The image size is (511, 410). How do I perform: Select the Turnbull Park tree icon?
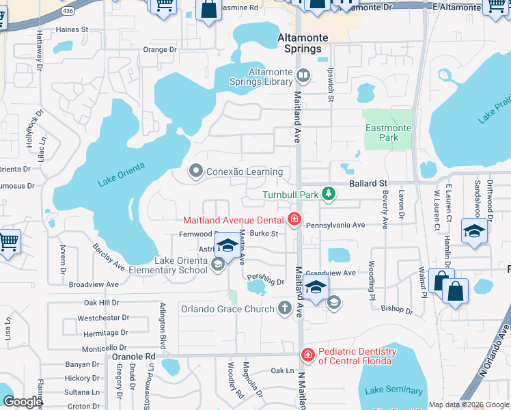click(329, 195)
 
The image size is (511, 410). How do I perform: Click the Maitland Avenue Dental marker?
click(294, 219)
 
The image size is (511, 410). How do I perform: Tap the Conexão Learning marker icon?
click(196, 172)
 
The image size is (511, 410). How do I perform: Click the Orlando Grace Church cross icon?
click(285, 308)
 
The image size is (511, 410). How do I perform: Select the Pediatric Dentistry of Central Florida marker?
click(307, 355)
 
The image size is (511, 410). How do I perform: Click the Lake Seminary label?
click(393, 390)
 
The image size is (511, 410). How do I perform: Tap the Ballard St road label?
click(368, 184)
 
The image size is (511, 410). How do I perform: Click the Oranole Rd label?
click(134, 356)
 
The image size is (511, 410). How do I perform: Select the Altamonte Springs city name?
click(301, 43)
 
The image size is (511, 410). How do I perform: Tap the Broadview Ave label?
click(94, 284)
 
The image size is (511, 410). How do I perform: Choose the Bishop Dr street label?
click(397, 310)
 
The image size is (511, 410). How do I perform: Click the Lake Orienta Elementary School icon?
click(218, 264)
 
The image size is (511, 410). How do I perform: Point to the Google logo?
click(23, 402)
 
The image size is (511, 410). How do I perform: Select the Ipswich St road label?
click(331, 85)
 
